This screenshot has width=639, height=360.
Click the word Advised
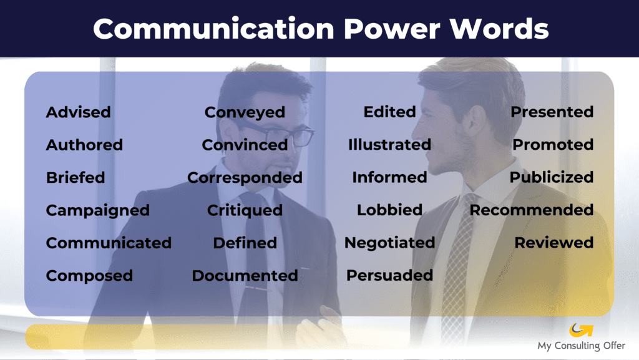click(x=78, y=112)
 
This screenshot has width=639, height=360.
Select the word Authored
click(x=84, y=145)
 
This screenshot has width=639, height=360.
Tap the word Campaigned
click(x=98, y=210)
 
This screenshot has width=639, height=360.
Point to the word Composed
click(x=89, y=276)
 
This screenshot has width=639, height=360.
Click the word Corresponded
click(x=245, y=178)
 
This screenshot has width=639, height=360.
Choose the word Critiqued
click(x=245, y=210)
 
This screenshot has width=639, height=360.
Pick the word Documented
click(x=245, y=276)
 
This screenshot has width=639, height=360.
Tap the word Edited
click(x=389, y=112)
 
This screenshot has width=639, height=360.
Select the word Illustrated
click(x=389, y=145)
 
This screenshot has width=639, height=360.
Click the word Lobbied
click(x=389, y=210)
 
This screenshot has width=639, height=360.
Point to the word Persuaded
click(x=389, y=275)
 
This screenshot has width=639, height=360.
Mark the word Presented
click(x=552, y=112)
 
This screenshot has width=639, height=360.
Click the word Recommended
click(x=532, y=210)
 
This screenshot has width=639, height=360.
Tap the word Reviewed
click(x=554, y=243)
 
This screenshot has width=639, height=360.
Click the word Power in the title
click(x=392, y=29)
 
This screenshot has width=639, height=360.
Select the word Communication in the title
click(x=213, y=29)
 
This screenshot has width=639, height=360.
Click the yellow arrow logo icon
click(x=581, y=330)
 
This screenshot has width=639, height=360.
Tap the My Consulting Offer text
click(x=581, y=346)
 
